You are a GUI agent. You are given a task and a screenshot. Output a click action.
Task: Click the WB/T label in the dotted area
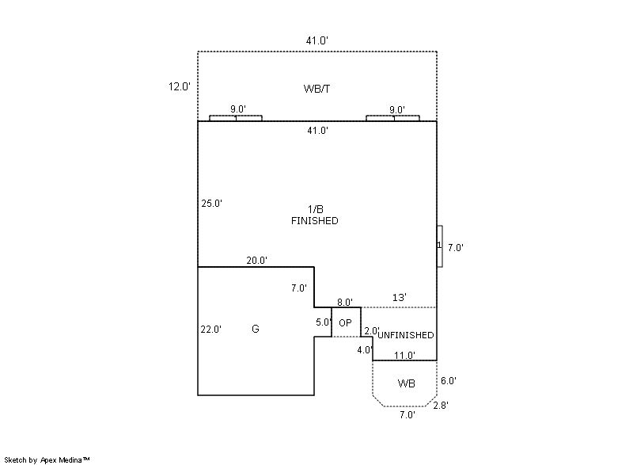coord(316,88)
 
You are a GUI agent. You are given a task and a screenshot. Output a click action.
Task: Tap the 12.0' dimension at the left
coord(179,87)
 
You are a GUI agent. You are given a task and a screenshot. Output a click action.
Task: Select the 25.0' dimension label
coord(211,204)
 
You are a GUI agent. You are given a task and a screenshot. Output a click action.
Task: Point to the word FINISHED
coord(315,221)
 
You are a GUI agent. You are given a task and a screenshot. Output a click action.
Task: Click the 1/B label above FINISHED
coord(316,209)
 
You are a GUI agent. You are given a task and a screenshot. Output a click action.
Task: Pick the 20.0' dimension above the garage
coord(256,261)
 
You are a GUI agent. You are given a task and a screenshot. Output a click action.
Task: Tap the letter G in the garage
coord(255,329)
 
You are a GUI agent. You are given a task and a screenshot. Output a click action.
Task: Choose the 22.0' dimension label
coord(211,330)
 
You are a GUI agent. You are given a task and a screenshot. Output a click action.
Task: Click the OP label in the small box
coord(345,323)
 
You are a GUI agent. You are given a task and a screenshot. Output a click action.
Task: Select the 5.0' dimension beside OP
coord(324,322)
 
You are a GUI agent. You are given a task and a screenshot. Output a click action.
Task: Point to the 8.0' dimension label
coord(345,302)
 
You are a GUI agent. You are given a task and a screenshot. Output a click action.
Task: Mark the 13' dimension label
coord(400,298)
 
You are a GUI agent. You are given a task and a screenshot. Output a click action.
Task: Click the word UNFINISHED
coord(405,335)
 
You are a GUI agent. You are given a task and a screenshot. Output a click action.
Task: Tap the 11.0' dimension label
coord(405,356)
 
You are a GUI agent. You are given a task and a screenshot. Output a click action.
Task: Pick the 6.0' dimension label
coord(448,381)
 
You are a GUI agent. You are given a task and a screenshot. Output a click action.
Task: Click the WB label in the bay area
coord(407,384)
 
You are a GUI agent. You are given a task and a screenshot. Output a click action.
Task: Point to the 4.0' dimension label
coord(365,349)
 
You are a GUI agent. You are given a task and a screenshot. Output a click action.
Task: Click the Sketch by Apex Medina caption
coord(47,459)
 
